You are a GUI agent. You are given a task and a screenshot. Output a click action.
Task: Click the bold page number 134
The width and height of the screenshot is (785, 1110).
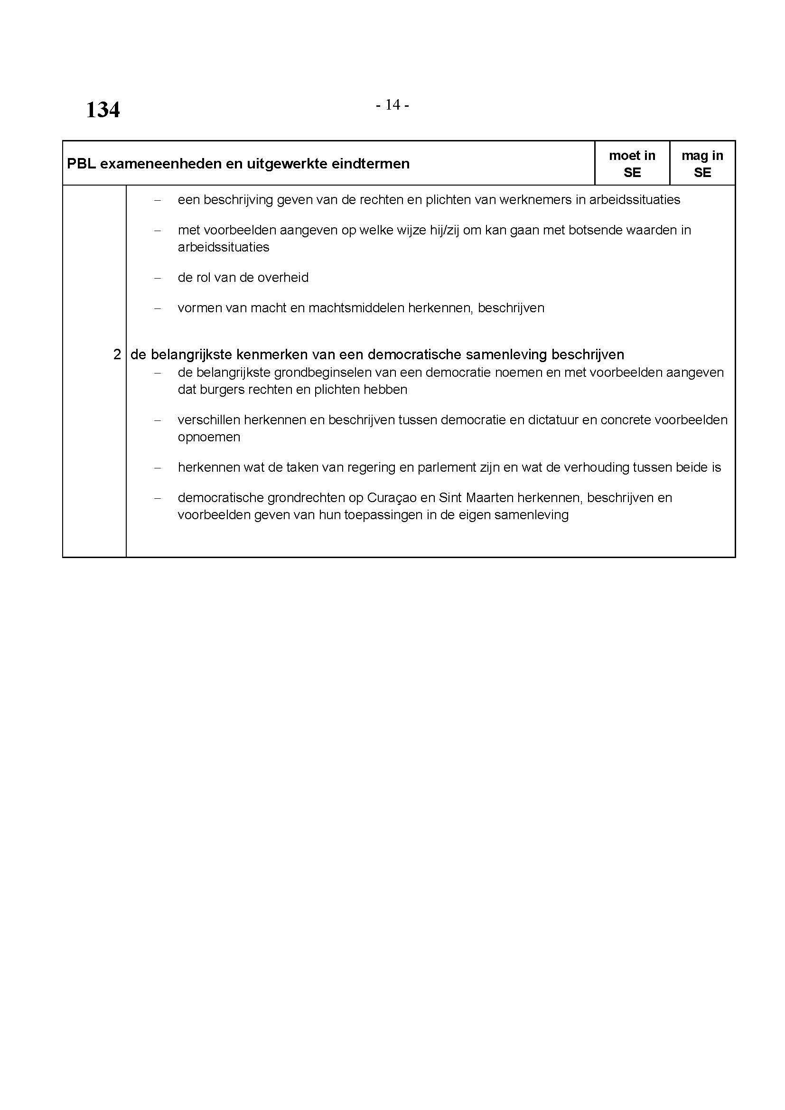click(x=103, y=110)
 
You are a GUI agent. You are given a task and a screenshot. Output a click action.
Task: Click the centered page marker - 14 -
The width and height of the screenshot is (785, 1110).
click(x=392, y=104)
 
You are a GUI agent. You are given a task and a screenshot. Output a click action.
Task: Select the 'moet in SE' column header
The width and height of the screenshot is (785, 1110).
click(x=632, y=163)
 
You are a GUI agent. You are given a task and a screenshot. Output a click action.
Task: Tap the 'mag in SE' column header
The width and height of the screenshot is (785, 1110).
click(x=702, y=163)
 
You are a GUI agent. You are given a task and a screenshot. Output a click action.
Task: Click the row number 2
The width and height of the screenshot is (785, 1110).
click(x=117, y=355)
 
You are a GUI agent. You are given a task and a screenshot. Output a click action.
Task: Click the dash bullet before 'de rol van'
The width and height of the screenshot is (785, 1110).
click(x=157, y=278)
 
